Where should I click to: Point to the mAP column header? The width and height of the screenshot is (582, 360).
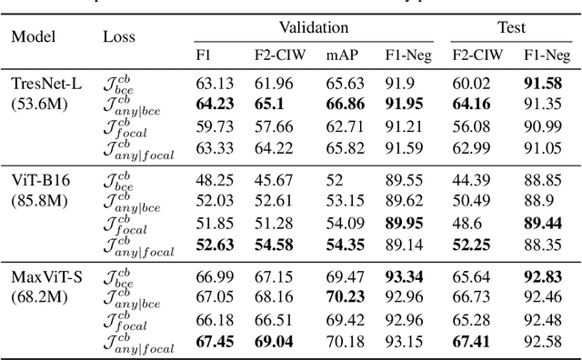(340, 55)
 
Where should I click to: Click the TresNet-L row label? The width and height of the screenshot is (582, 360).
(46, 84)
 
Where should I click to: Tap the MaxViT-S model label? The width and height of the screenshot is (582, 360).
(46, 275)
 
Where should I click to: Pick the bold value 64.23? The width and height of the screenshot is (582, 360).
(214, 103)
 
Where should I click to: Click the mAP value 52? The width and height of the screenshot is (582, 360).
(336, 178)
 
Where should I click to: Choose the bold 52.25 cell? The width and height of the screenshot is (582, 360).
(471, 243)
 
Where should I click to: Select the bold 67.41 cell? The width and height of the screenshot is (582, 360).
(471, 340)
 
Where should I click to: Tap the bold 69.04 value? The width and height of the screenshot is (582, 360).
(280, 340)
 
